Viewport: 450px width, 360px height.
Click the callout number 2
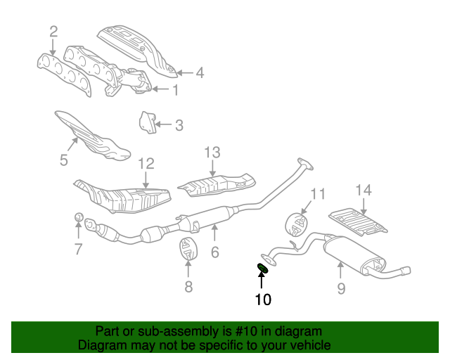(x=53, y=30)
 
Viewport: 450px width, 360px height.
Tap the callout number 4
(x=200, y=72)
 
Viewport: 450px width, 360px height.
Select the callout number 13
(x=212, y=152)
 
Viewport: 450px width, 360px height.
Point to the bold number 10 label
(x=262, y=300)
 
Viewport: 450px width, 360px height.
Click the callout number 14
(x=363, y=190)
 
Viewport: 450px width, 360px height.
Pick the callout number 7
(x=78, y=248)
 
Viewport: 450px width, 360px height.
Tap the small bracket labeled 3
(x=146, y=122)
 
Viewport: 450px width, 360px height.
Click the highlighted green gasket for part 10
(x=264, y=266)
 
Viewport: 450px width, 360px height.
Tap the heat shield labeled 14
(x=359, y=221)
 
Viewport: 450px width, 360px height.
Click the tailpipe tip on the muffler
(x=406, y=269)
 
